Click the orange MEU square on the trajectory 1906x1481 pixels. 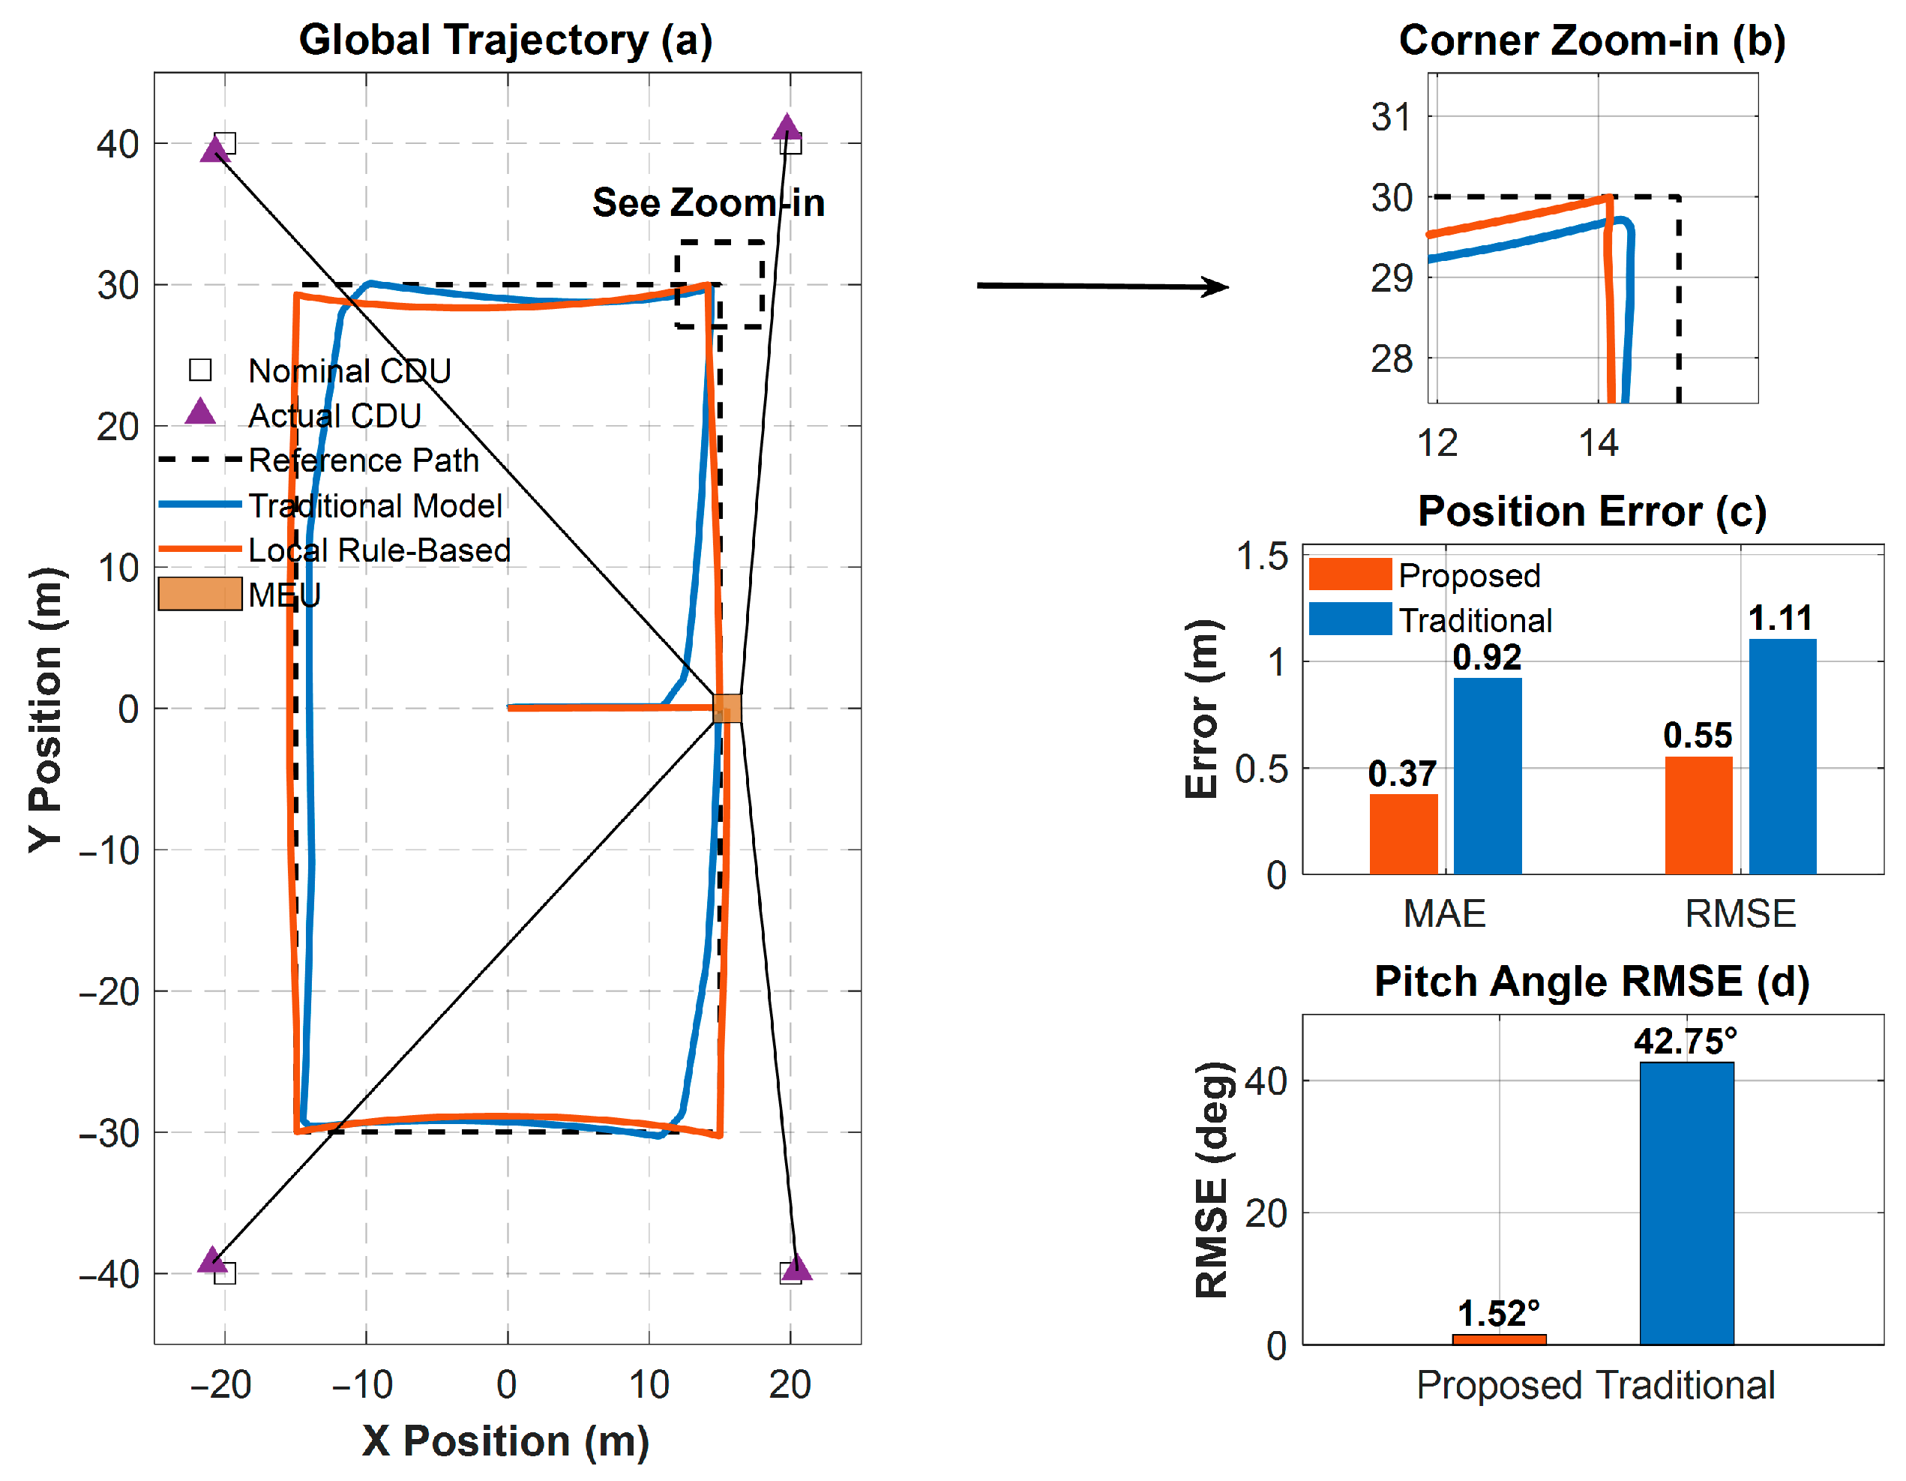click(727, 708)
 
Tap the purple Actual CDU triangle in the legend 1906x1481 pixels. click(200, 412)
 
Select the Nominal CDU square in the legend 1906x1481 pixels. click(200, 370)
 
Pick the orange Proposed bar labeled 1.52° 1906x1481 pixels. click(1497, 1339)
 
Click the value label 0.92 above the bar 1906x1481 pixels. click(1486, 657)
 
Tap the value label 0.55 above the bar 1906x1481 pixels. click(1697, 736)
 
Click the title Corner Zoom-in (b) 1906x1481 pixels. click(1592, 40)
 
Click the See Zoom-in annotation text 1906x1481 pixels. click(708, 202)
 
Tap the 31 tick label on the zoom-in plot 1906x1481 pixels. click(1391, 117)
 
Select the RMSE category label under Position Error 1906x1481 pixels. click(1740, 914)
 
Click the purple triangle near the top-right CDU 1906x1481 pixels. click(787, 127)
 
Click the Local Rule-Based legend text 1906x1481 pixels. click(379, 550)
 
